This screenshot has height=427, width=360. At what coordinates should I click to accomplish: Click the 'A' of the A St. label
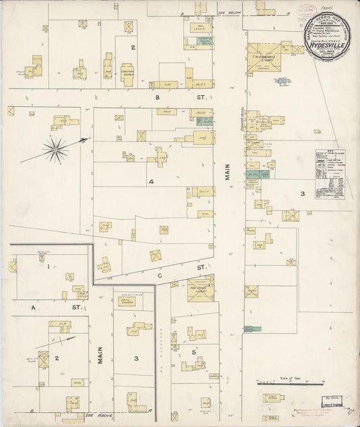[32, 307]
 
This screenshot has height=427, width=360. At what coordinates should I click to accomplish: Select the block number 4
[151, 182]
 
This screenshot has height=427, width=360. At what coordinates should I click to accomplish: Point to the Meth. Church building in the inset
[128, 301]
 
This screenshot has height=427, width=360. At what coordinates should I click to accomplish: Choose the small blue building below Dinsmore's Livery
[282, 81]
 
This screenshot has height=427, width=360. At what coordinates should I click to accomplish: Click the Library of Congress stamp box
[317, 411]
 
